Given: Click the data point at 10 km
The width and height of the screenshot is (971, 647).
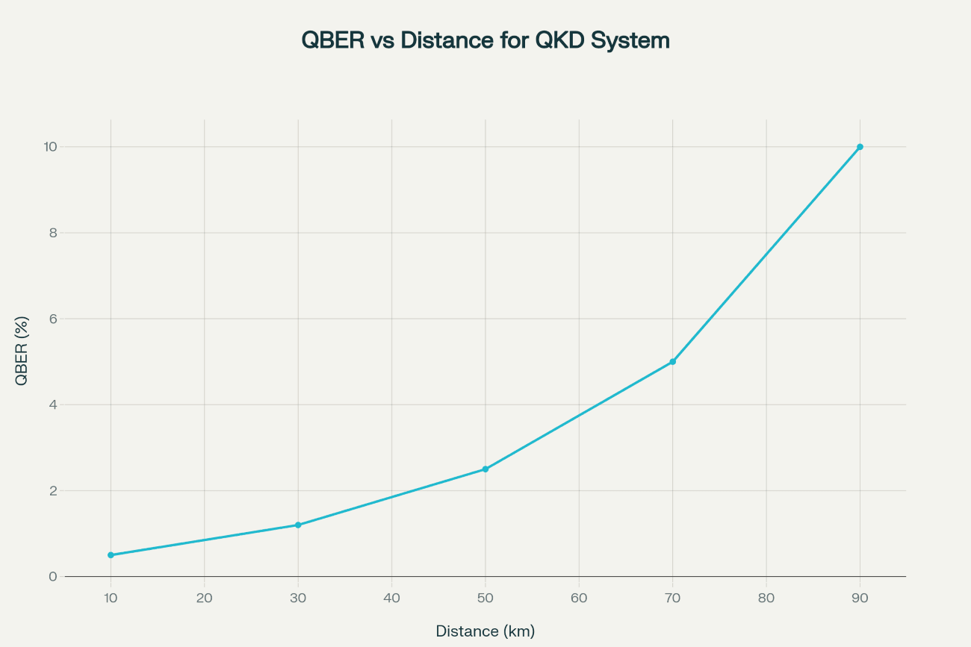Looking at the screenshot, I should (111, 555).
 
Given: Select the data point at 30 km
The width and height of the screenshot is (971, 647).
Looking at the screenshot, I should (298, 525).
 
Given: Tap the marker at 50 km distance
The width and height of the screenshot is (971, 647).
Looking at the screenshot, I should (485, 469).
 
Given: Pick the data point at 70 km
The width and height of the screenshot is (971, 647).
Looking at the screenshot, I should (673, 362).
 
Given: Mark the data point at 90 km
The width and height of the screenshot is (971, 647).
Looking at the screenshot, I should (860, 147).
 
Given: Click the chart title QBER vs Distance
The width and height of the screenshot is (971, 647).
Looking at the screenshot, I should (485, 40).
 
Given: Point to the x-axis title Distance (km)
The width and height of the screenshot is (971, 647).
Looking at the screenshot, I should (485, 631).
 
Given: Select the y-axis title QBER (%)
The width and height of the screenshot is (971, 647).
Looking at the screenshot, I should (22, 351).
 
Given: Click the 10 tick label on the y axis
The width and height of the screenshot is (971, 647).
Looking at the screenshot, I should (50, 147).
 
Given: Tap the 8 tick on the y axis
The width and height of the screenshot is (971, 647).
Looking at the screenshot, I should (53, 233).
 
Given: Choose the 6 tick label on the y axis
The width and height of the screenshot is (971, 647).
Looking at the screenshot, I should (53, 319).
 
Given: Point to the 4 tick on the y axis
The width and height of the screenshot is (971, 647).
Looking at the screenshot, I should (53, 405).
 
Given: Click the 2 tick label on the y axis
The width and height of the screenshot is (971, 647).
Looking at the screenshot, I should (53, 491).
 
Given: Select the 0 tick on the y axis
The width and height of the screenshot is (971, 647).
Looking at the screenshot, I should (53, 577).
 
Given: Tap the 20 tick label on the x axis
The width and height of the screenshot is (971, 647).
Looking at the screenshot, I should (204, 598).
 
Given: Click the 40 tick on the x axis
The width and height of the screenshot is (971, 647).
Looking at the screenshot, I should (391, 598).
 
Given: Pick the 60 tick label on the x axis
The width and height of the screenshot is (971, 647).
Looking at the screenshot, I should (579, 598).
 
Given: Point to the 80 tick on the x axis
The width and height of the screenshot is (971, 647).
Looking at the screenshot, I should (766, 598).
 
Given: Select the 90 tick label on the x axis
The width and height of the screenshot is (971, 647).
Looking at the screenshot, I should (860, 598).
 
